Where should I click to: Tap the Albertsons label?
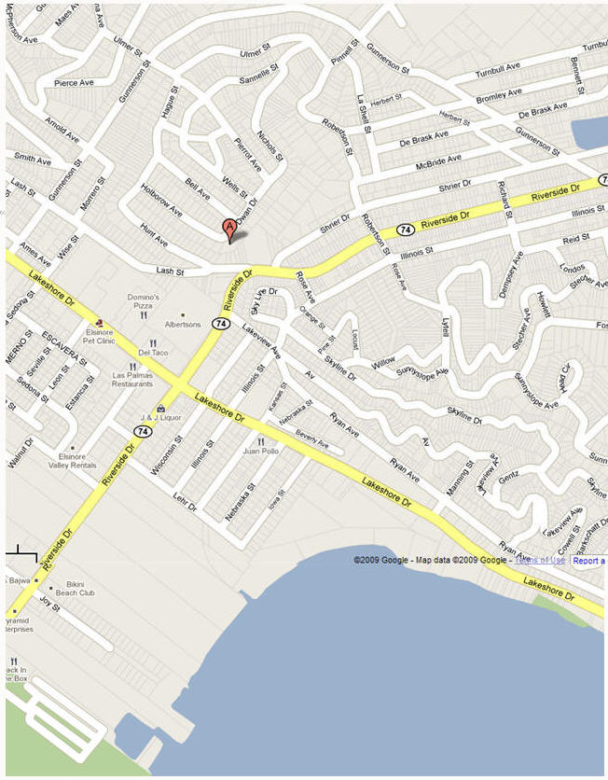[x=183, y=325]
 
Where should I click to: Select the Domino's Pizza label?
[x=144, y=301]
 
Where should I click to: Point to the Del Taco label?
[x=153, y=353]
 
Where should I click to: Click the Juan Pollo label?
[x=261, y=451]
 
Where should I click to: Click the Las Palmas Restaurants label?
[x=132, y=380]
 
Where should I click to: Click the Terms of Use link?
[x=540, y=560]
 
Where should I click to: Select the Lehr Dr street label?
[x=185, y=503]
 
